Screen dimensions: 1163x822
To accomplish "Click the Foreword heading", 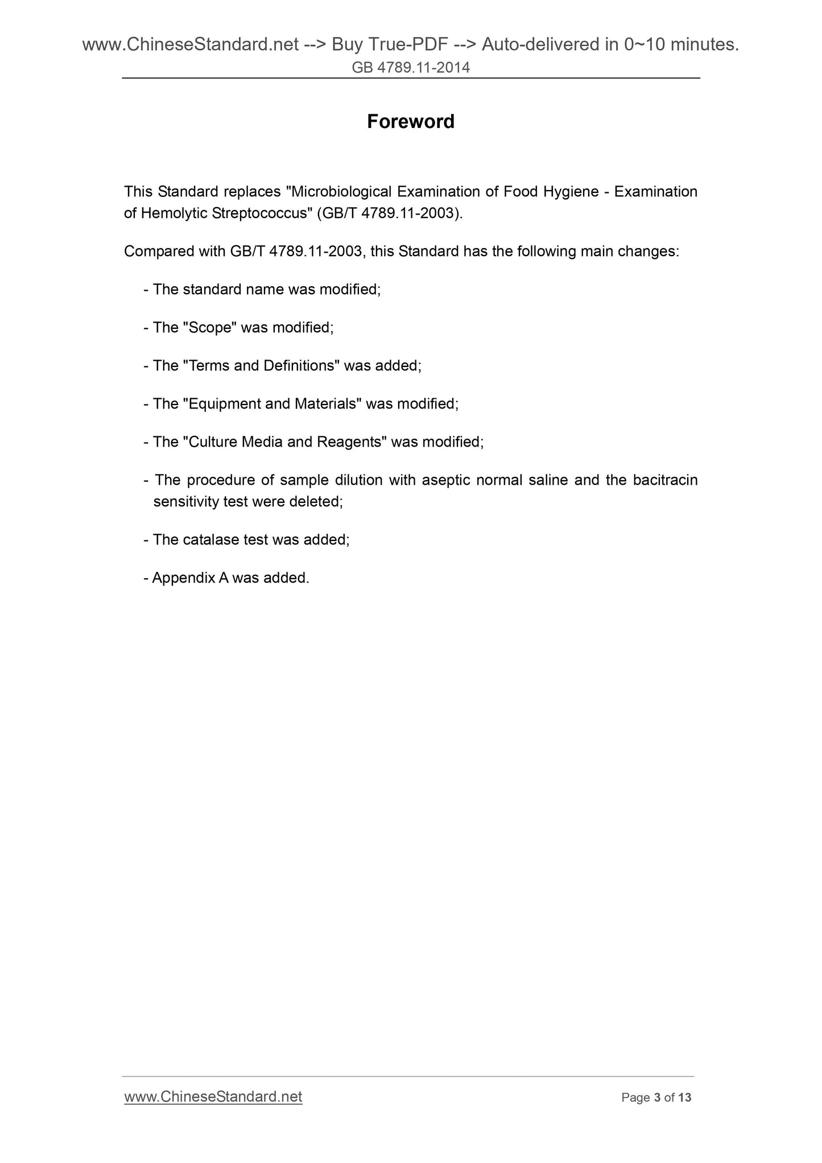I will [410, 122].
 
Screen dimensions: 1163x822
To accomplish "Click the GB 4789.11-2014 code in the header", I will [411, 68].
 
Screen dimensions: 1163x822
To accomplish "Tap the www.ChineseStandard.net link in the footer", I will [213, 1096].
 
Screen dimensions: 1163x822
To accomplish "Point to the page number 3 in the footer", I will [657, 1098].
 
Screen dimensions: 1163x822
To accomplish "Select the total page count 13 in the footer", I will [685, 1098].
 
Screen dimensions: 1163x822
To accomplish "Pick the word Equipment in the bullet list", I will [224, 404].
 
